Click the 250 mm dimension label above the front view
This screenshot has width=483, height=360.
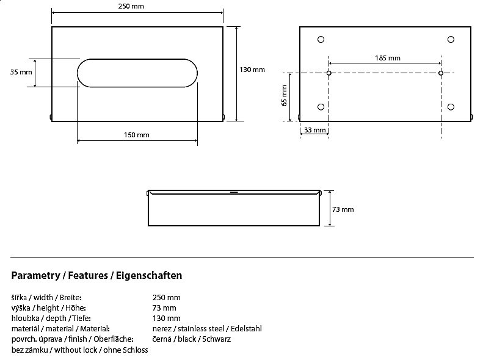131,6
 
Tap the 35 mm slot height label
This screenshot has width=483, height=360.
21,72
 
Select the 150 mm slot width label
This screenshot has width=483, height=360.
136,135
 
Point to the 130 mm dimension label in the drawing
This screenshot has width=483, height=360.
252,70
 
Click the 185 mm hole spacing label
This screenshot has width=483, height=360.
388,58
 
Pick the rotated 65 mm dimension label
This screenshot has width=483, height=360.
284,96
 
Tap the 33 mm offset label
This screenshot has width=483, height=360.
315,130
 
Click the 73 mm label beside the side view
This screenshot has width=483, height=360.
343,209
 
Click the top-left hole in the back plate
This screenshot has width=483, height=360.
321,40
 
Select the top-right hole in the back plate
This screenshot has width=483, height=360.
451,40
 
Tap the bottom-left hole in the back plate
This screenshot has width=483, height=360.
321,107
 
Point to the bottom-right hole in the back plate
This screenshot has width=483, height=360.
451,107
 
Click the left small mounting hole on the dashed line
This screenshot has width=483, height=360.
329,73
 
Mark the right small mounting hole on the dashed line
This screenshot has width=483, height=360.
441,73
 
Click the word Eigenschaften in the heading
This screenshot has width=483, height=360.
149,275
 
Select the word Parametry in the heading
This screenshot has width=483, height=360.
35,275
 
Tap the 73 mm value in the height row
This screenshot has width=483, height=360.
164,308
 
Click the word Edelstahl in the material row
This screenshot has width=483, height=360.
246,329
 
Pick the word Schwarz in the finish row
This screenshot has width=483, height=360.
216,339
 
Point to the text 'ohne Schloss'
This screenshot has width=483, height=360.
125,350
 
